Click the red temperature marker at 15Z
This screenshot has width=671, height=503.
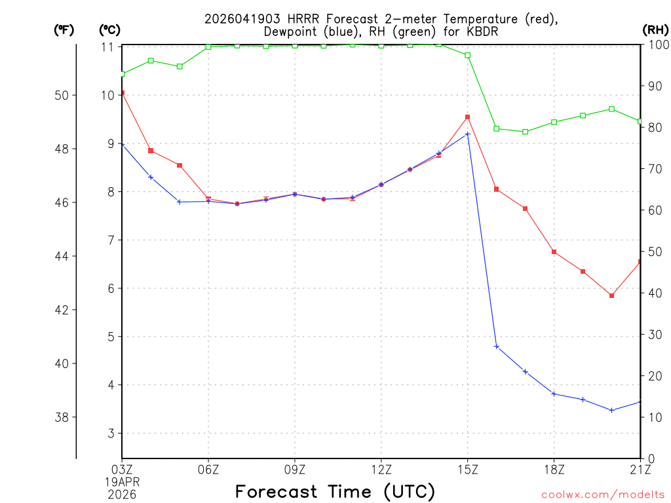468,117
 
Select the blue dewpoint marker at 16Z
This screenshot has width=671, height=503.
497,346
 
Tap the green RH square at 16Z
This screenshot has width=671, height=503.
497,128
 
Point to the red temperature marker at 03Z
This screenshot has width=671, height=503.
123,93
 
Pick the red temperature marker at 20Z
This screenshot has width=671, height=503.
611,296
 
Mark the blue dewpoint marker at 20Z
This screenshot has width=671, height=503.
611,410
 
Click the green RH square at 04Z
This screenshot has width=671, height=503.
151,60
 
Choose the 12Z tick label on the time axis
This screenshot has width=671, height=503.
381,468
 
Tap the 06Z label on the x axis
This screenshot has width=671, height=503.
208,468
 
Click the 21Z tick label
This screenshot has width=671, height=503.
640,468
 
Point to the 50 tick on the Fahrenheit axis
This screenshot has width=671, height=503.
62,95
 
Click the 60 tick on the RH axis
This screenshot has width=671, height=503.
655,210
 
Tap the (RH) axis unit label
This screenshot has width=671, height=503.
655,29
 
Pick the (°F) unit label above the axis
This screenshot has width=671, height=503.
64,29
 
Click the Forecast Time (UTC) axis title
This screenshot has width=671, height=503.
335,491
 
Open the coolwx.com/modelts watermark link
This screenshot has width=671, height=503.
603,494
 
